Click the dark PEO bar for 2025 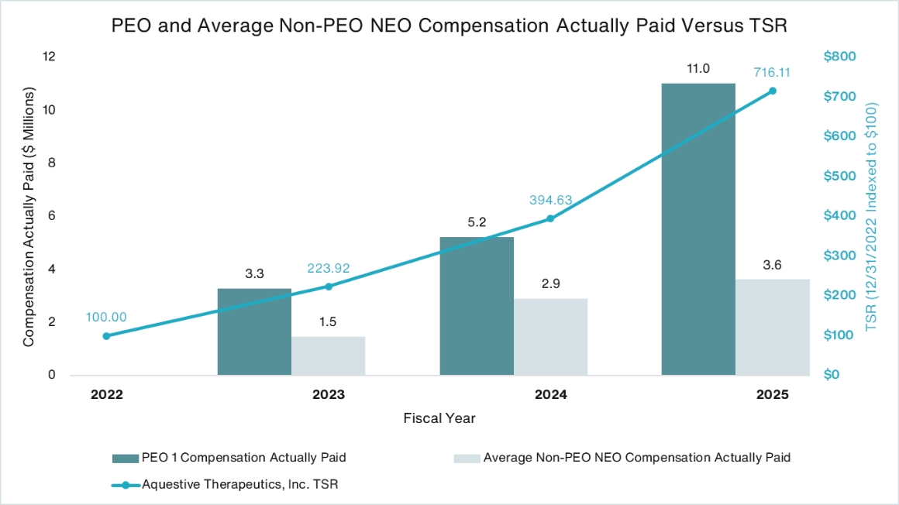click(697, 228)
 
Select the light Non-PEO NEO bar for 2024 click(550, 337)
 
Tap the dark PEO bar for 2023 click(254, 332)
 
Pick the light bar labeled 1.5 click(328, 356)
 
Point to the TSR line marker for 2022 click(106, 336)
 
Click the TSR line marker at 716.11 click(772, 91)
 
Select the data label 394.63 click(550, 201)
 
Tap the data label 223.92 click(329, 268)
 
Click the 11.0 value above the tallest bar click(697, 69)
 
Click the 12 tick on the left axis click(50, 57)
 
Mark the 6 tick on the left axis click(53, 216)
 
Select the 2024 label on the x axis click(550, 394)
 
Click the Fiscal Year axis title click(439, 418)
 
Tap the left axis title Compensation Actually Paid click(29, 216)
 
